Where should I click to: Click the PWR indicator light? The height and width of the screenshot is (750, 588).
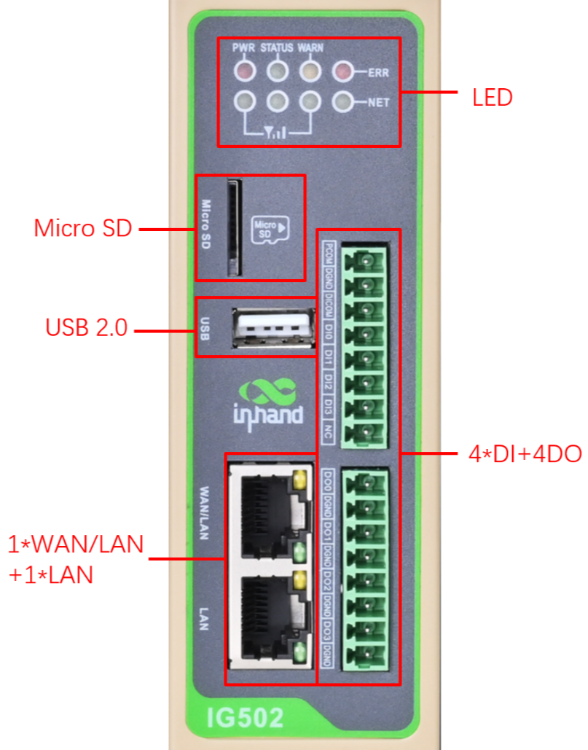click(x=246, y=71)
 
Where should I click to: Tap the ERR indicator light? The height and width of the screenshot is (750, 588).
click(x=342, y=71)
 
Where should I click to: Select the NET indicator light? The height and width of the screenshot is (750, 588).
click(x=342, y=101)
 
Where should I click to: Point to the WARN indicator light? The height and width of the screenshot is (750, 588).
click(x=310, y=71)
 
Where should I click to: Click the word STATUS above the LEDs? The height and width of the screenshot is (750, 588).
click(x=277, y=48)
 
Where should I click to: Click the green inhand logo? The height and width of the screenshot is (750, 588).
click(x=268, y=402)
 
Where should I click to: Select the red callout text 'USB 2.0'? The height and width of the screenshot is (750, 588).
click(x=86, y=329)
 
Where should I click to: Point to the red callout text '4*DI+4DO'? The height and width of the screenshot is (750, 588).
click(x=525, y=454)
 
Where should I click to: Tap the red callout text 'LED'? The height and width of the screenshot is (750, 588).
click(x=493, y=97)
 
